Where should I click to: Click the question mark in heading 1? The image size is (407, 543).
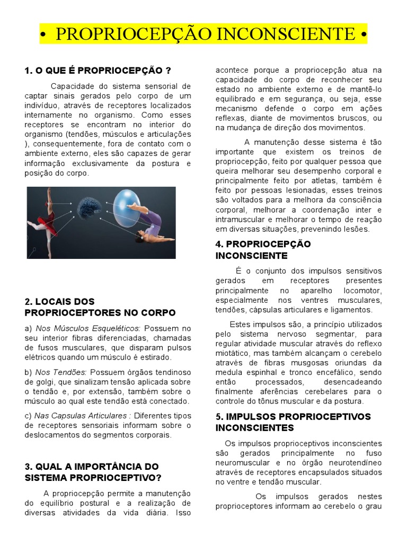coord(168,71)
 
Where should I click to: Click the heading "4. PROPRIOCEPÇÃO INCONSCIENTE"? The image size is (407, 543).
coord(263,250)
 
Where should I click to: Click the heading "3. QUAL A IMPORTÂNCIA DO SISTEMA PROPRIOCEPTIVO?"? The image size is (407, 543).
coord(92,472)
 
